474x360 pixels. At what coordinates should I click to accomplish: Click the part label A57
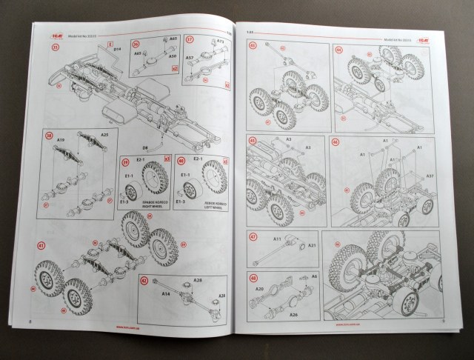(190, 57)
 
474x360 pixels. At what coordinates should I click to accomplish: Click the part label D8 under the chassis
(147, 150)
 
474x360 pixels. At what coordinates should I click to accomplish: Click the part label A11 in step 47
(277, 239)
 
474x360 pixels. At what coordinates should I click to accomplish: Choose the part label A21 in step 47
(311, 244)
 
